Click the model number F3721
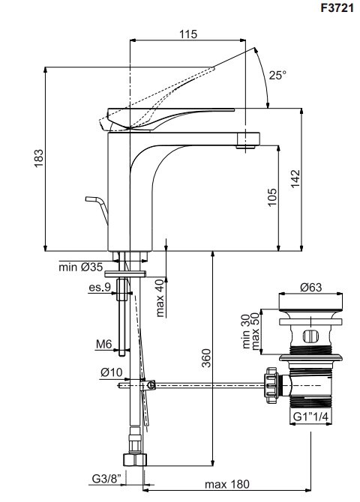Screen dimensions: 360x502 (x=337, y=7)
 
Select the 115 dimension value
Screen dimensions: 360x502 (x=188, y=34)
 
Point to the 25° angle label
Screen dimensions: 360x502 (x=277, y=75)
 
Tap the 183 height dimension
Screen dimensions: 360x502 (x=39, y=158)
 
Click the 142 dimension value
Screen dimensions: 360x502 (x=295, y=178)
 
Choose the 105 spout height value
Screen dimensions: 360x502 (x=271, y=197)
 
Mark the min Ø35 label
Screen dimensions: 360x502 (x=80, y=267)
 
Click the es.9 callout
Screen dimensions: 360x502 (x=100, y=287)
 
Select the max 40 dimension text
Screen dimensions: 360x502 (x=160, y=297)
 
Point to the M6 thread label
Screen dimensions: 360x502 (x=103, y=344)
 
